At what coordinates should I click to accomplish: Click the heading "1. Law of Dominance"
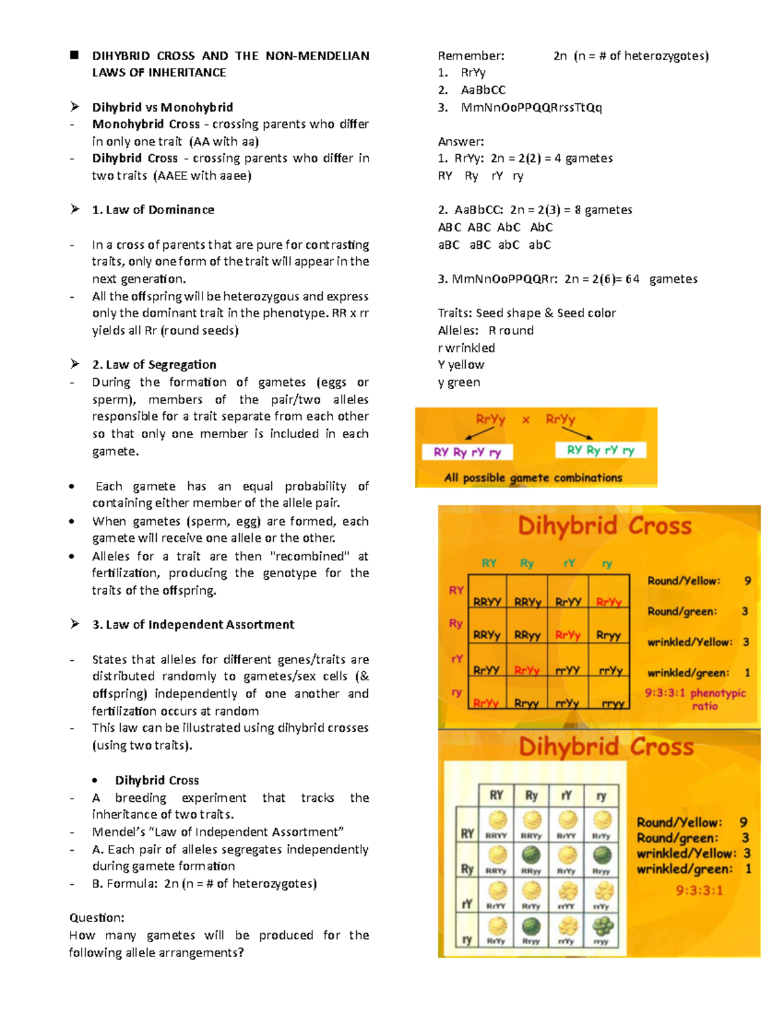(x=153, y=210)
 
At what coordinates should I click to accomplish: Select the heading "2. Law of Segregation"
(x=154, y=364)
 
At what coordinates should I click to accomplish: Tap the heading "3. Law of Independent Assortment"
(x=193, y=624)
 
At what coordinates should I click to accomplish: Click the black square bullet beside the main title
(x=74, y=55)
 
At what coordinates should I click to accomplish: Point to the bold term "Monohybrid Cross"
(x=146, y=124)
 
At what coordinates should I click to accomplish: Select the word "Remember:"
(x=471, y=55)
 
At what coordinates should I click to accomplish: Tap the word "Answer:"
(x=461, y=141)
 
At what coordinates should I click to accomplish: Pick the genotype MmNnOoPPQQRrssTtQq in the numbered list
(x=531, y=107)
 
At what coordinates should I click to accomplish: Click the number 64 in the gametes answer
(x=632, y=279)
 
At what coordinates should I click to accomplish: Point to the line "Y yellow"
(x=461, y=364)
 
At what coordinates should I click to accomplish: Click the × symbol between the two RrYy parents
(x=525, y=420)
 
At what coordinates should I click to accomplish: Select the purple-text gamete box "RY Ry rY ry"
(x=467, y=452)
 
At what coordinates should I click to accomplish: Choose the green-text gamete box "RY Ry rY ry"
(x=600, y=450)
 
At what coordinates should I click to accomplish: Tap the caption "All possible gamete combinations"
(x=533, y=478)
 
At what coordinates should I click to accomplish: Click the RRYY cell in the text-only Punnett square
(x=487, y=601)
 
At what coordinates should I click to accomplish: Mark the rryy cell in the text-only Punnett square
(x=612, y=703)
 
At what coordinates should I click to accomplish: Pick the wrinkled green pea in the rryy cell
(x=602, y=925)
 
